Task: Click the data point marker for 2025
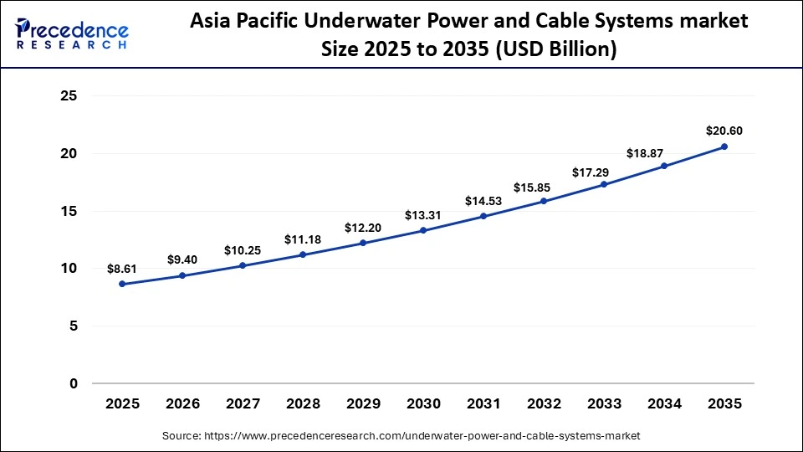(x=122, y=284)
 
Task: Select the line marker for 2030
(x=423, y=230)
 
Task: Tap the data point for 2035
(x=724, y=146)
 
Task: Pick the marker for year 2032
(x=544, y=201)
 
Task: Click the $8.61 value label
(x=122, y=269)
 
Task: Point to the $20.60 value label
(x=724, y=131)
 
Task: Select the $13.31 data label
(x=423, y=215)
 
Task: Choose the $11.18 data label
(x=303, y=239)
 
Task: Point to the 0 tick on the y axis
(x=74, y=383)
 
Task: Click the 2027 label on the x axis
(x=243, y=403)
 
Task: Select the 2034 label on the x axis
(x=664, y=403)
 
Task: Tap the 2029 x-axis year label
(x=363, y=403)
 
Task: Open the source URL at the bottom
(x=401, y=435)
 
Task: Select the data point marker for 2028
(x=303, y=254)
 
